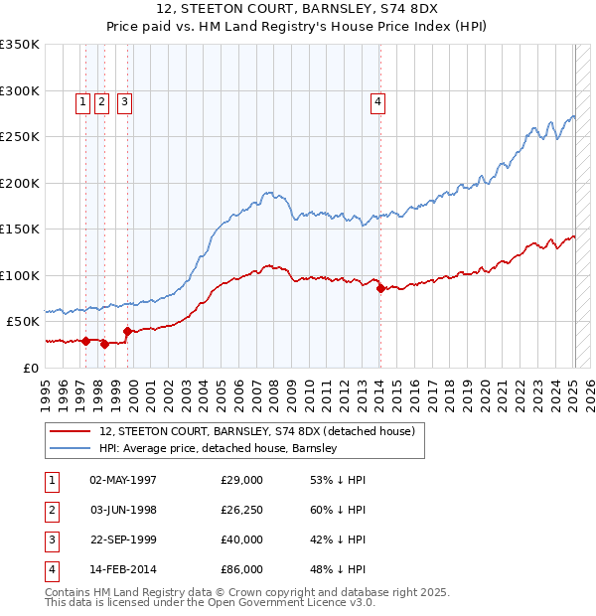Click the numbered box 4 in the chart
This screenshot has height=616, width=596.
[378, 99]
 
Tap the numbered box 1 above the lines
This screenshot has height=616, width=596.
[83, 99]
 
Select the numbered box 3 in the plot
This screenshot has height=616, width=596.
[124, 99]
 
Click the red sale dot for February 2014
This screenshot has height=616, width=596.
[381, 288]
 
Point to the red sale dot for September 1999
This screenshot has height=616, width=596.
[128, 331]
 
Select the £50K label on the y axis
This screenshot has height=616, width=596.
[23, 322]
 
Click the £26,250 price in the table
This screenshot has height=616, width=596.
[242, 510]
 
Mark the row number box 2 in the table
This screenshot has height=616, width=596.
[49, 510]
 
